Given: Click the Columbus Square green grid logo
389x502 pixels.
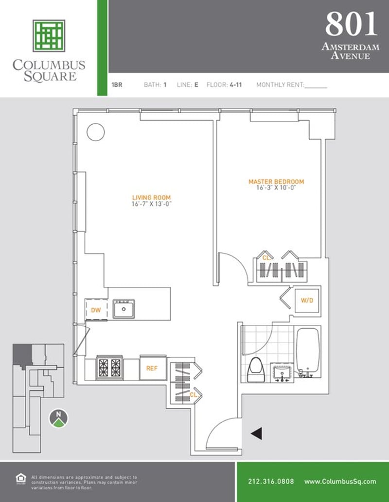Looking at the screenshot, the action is pyautogui.click(x=49, y=36).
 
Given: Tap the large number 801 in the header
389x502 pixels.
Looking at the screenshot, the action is pyautogui.click(x=352, y=24).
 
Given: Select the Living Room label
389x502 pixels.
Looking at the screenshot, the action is pyautogui.click(x=151, y=198).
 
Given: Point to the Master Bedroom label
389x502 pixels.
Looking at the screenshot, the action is pyautogui.click(x=276, y=182).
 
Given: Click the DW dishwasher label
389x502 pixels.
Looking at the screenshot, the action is pyautogui.click(x=96, y=310).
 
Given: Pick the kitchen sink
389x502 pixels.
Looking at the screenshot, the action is pyautogui.click(x=124, y=309).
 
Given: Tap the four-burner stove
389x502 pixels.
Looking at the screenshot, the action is pyautogui.click(x=110, y=368).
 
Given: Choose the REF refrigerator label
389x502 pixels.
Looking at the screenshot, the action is pyautogui.click(x=152, y=368).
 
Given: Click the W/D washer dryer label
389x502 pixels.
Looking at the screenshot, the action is pyautogui.click(x=307, y=301).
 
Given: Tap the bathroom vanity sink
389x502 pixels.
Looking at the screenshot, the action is pyautogui.click(x=282, y=373).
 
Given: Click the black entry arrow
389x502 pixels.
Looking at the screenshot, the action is pyautogui.click(x=257, y=434).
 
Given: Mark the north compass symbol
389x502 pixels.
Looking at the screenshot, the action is pyautogui.click(x=58, y=418).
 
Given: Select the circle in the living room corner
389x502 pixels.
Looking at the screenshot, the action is pyautogui.click(x=96, y=132).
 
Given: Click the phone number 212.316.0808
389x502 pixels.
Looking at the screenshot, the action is pyautogui.click(x=271, y=482).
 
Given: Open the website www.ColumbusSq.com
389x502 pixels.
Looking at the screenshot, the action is pyautogui.click(x=340, y=482).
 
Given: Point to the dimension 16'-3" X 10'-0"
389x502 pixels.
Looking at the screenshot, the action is pyautogui.click(x=276, y=188).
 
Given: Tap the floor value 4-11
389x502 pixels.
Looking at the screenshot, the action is pyautogui.click(x=236, y=85).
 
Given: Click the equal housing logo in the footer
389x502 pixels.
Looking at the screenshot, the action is pyautogui.click(x=21, y=479).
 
